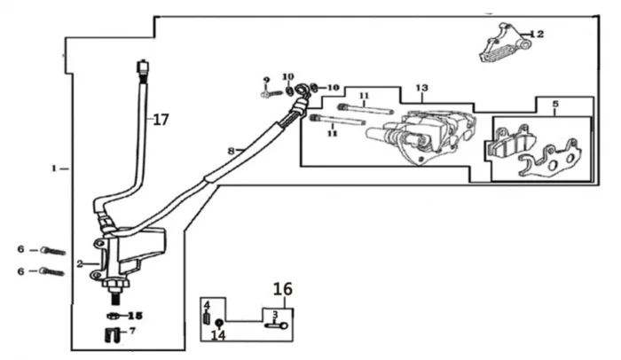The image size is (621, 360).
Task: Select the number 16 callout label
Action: click(x=281, y=289)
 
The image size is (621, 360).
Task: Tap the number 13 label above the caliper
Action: click(x=421, y=88)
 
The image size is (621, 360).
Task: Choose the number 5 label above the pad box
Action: click(x=554, y=105)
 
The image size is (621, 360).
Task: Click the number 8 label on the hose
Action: click(x=231, y=152)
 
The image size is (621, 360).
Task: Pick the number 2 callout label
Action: click(x=80, y=263)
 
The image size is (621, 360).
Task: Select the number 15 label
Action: click(x=134, y=315)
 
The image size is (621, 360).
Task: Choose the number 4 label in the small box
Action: click(x=208, y=305)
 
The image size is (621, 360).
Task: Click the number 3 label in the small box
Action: click(x=275, y=314)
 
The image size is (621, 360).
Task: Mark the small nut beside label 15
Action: click(x=114, y=316)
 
